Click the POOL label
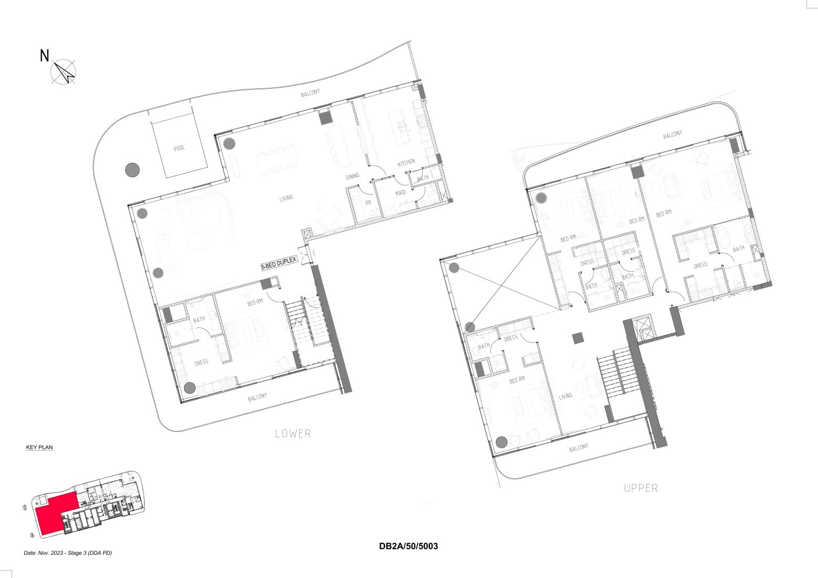point(179,148)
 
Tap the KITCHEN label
point(406,163)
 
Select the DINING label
point(352,177)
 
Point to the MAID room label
point(401,193)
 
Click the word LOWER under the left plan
point(293,434)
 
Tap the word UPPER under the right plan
point(641,488)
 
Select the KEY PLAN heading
point(39,448)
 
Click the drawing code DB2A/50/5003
point(408,546)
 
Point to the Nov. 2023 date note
point(68,553)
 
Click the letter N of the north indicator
point(45,56)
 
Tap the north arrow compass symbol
point(64,71)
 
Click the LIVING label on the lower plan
point(286,198)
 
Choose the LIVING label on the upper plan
point(566,396)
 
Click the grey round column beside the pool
point(132,170)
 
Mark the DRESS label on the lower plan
point(201,362)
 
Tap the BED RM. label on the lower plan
point(255,303)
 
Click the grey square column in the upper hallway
point(578,338)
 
